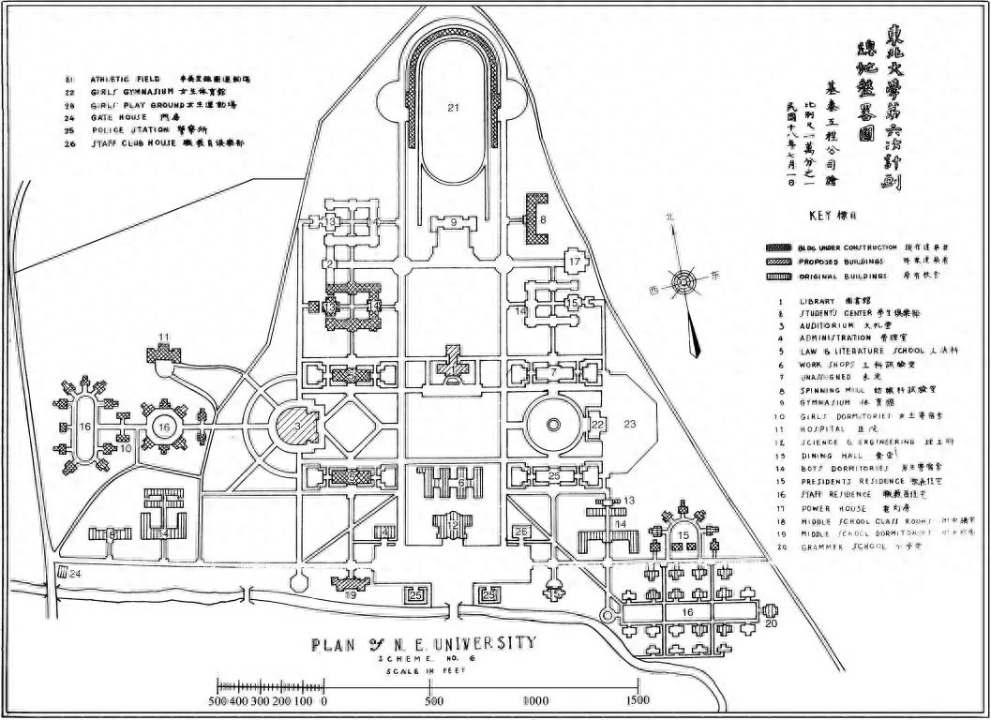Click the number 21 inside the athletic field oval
[x=454, y=109]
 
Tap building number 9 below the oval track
[x=453, y=222]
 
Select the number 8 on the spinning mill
[x=542, y=218]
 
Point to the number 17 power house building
[x=573, y=262]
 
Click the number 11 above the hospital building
[x=162, y=336]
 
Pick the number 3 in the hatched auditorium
[x=297, y=427]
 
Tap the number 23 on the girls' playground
[x=630, y=425]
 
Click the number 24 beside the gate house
[x=76, y=573]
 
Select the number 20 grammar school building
[x=772, y=622]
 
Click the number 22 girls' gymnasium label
[x=596, y=425]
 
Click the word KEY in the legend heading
[x=820, y=215]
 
